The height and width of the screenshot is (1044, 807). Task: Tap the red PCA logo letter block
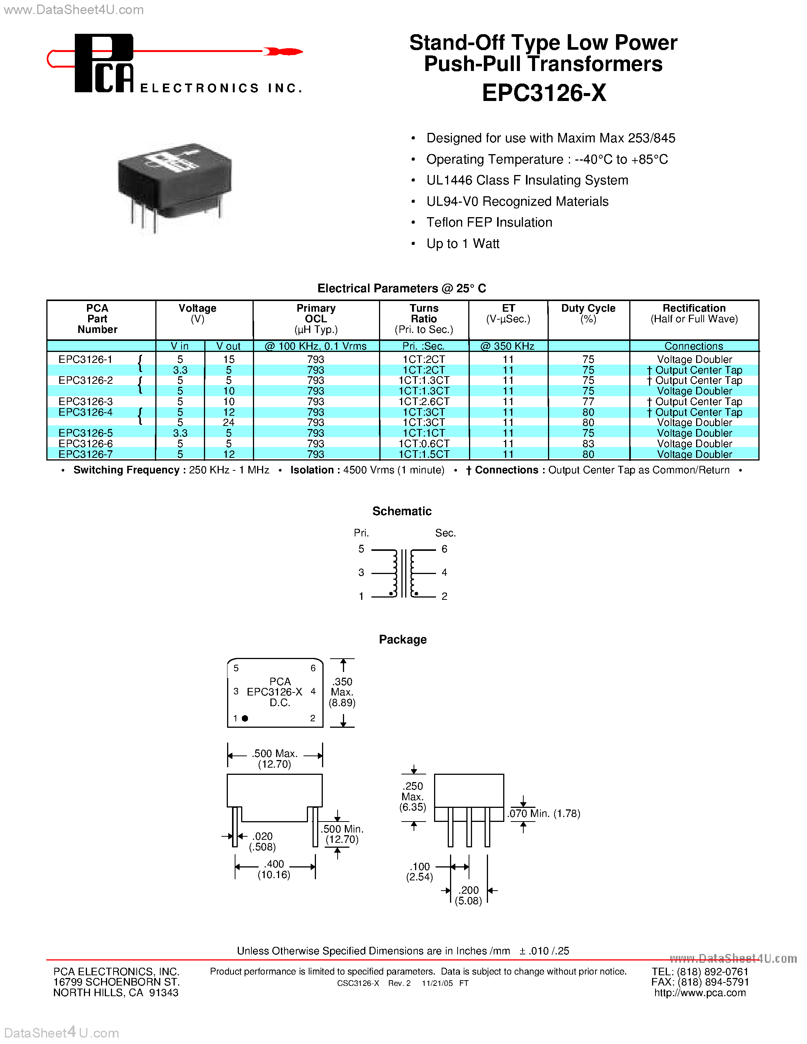[x=104, y=63]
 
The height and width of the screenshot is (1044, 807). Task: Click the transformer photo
[x=174, y=184]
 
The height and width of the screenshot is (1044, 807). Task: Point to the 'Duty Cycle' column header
[x=588, y=308]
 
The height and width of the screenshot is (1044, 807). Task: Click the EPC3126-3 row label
[x=85, y=402]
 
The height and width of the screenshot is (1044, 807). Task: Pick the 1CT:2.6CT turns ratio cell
[x=423, y=402]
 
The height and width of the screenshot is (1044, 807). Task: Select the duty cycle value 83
[x=588, y=443]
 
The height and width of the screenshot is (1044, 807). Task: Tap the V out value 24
[x=229, y=423]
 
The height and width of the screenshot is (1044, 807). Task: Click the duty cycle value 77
[x=588, y=402]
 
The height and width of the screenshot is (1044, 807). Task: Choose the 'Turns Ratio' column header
[x=423, y=314]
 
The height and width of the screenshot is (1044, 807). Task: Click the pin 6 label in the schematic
[x=444, y=549]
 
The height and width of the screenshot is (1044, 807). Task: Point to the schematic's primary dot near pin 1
[x=391, y=593]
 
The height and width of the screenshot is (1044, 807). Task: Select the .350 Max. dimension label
[x=342, y=692]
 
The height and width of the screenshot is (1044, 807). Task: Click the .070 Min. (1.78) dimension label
[x=544, y=814]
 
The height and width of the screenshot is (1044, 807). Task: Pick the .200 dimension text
[x=469, y=890]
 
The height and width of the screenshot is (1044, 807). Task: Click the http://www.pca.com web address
[x=700, y=993]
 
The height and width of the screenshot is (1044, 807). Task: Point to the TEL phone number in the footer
[x=700, y=972]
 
